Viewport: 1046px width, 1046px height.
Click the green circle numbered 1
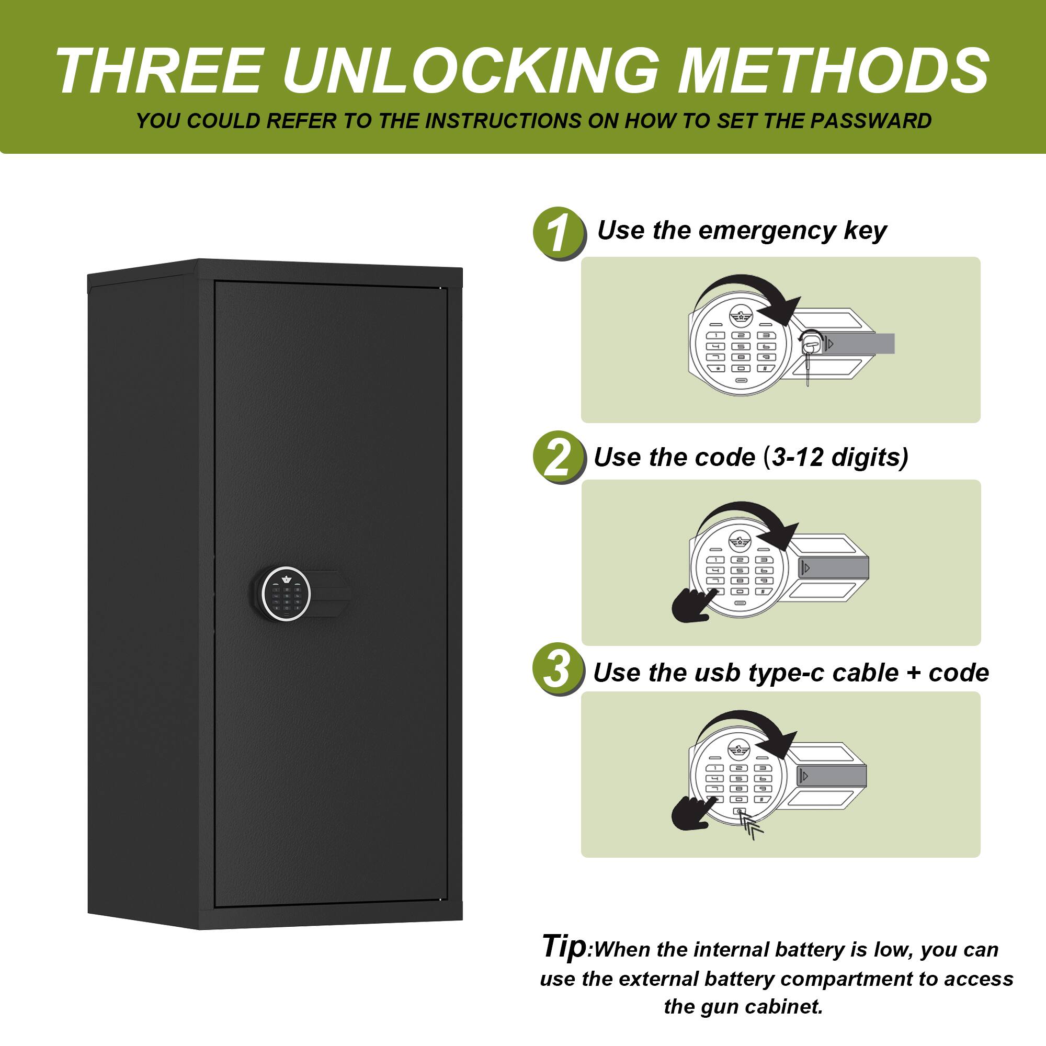(559, 233)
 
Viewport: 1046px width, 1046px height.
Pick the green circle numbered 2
(559, 458)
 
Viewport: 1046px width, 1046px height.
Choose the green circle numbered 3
(558, 669)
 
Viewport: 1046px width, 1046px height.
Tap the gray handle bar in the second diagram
(834, 568)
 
